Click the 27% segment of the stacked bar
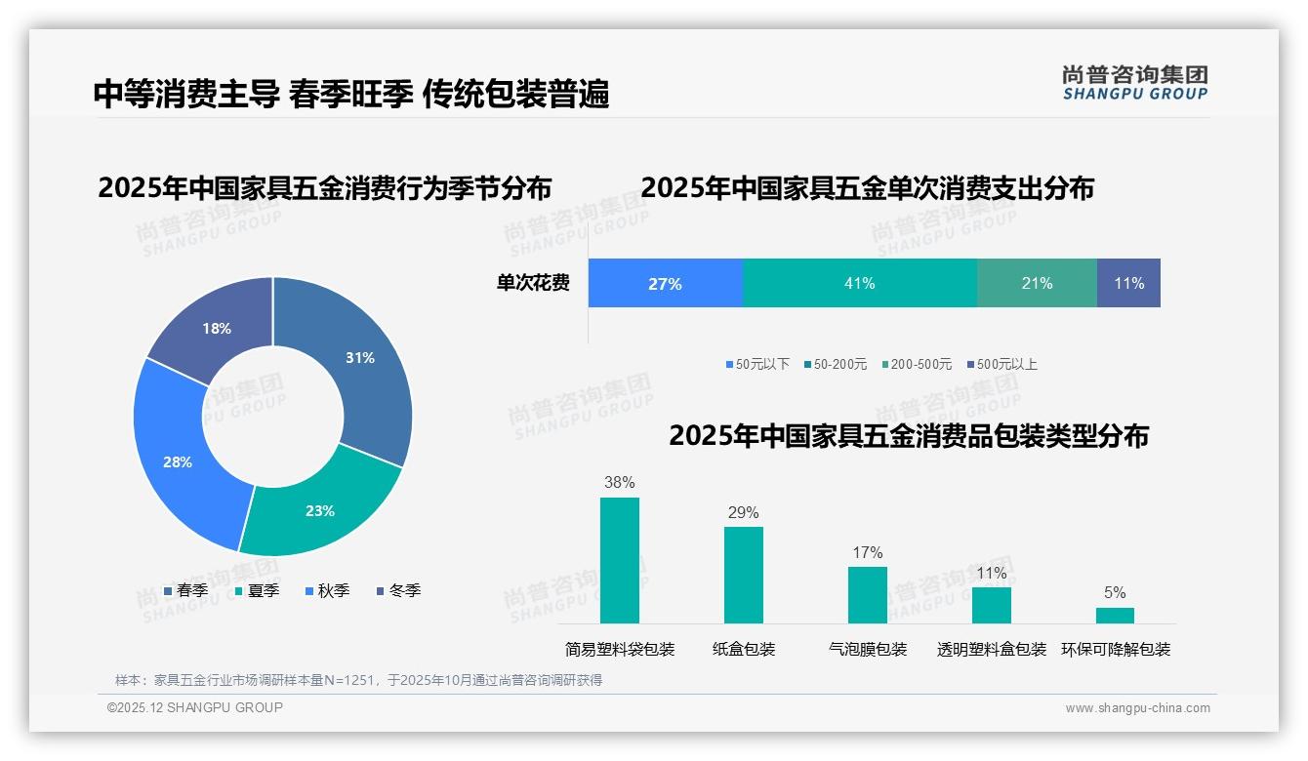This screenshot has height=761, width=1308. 665,283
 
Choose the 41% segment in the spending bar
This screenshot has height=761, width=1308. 859,283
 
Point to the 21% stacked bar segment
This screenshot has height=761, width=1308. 1037,283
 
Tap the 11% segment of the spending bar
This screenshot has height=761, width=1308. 1128,283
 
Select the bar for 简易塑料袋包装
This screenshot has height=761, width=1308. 619,560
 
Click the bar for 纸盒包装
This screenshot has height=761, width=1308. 743,575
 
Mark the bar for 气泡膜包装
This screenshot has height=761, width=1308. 867,594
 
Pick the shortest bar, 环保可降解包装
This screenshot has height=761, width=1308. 1115,616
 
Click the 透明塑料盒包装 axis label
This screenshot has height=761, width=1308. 991,650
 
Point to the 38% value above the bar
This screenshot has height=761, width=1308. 619,482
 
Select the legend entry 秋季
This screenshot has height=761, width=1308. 327,590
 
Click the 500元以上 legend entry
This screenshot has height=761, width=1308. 1001,364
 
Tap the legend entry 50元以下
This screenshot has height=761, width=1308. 757,364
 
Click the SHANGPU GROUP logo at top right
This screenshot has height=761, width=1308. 1134,83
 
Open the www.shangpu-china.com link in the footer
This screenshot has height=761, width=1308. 1137,708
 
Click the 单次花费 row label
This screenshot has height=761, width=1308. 533,283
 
